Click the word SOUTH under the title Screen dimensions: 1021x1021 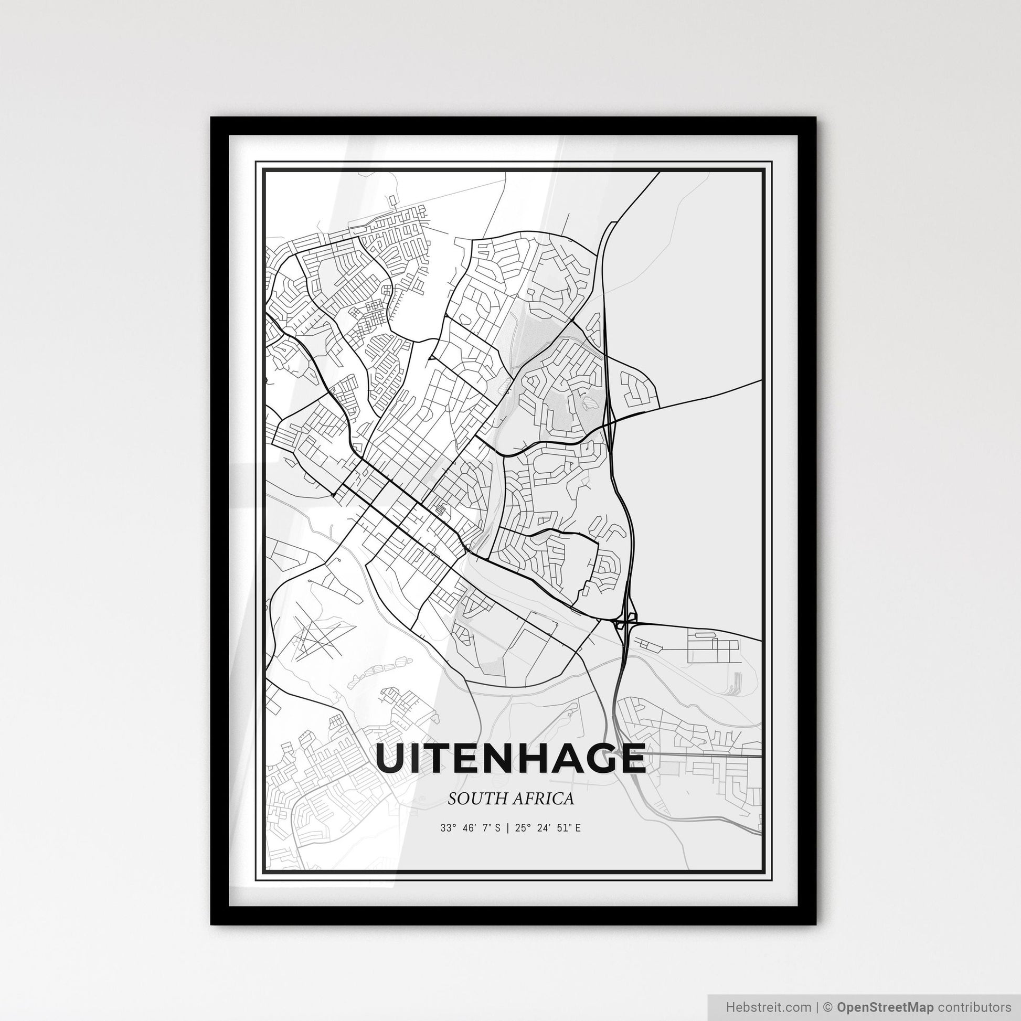coord(472,799)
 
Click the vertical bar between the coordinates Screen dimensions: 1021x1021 coord(507,828)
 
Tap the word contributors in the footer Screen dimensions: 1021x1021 coord(973,1006)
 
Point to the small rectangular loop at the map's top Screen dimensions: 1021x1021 coord(391,201)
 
